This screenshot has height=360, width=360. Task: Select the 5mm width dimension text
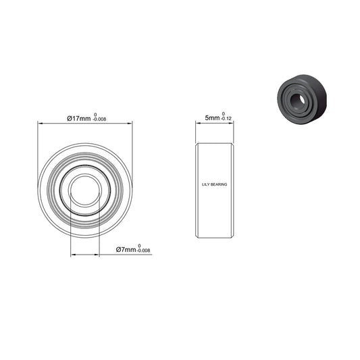[212, 118]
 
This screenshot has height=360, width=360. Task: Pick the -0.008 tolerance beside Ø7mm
[143, 252]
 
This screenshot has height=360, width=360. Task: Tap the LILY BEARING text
[215, 183]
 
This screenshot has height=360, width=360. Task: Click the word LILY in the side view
[206, 183]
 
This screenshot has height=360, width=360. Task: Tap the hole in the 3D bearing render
[295, 99]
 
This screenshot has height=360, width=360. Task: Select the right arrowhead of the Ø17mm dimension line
[130, 124]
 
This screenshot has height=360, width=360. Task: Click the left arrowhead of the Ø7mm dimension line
[72, 255]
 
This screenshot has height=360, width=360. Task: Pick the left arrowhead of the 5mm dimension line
[198, 124]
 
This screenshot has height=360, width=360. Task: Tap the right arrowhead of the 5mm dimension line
[233, 124]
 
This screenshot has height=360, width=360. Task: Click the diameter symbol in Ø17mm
[69, 118]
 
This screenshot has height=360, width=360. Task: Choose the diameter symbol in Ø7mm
[119, 250]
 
